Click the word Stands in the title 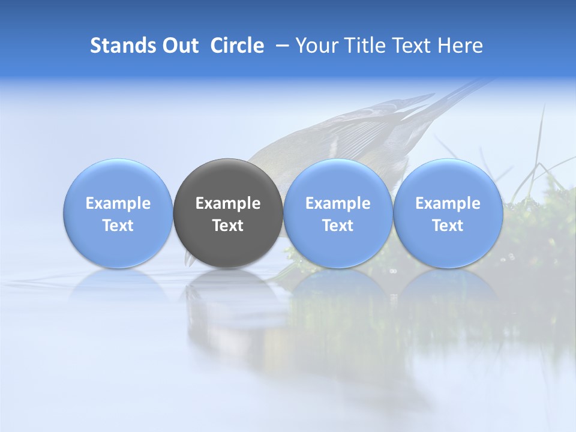[x=122, y=46]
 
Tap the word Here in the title [x=460, y=46]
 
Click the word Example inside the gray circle [x=228, y=203]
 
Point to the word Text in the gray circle [x=228, y=226]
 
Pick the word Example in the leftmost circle [x=118, y=203]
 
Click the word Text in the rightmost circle [x=448, y=226]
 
